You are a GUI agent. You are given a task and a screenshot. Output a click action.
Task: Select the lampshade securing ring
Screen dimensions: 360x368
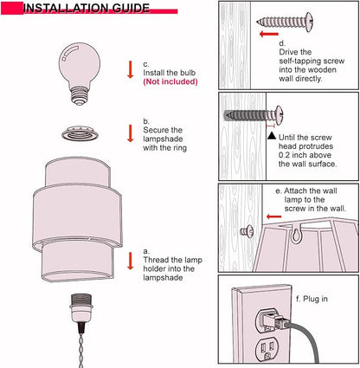coord(80,133)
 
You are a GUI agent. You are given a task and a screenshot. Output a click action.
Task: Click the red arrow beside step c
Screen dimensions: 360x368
coord(131,69)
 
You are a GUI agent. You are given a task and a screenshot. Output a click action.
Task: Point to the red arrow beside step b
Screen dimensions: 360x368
coord(131,133)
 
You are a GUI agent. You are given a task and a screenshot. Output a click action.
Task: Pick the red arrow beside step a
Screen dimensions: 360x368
coord(131,261)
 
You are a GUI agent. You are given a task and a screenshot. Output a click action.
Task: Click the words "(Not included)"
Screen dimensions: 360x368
coord(170,81)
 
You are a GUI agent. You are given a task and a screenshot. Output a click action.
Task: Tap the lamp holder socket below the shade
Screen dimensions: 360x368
coord(80,307)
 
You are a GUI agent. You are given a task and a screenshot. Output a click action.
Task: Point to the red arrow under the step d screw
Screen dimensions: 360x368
coord(269,34)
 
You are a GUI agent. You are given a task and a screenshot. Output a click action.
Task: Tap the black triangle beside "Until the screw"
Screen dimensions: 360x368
coord(272,135)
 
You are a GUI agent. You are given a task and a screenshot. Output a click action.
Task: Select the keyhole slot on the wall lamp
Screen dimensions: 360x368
coord(295,235)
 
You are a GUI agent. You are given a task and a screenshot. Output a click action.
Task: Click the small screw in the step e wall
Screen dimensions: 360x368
coord(247,231)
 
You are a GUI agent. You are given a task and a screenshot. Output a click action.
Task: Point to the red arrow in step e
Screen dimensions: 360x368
coord(273,216)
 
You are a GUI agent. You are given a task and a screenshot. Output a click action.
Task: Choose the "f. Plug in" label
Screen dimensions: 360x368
coord(312,299)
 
